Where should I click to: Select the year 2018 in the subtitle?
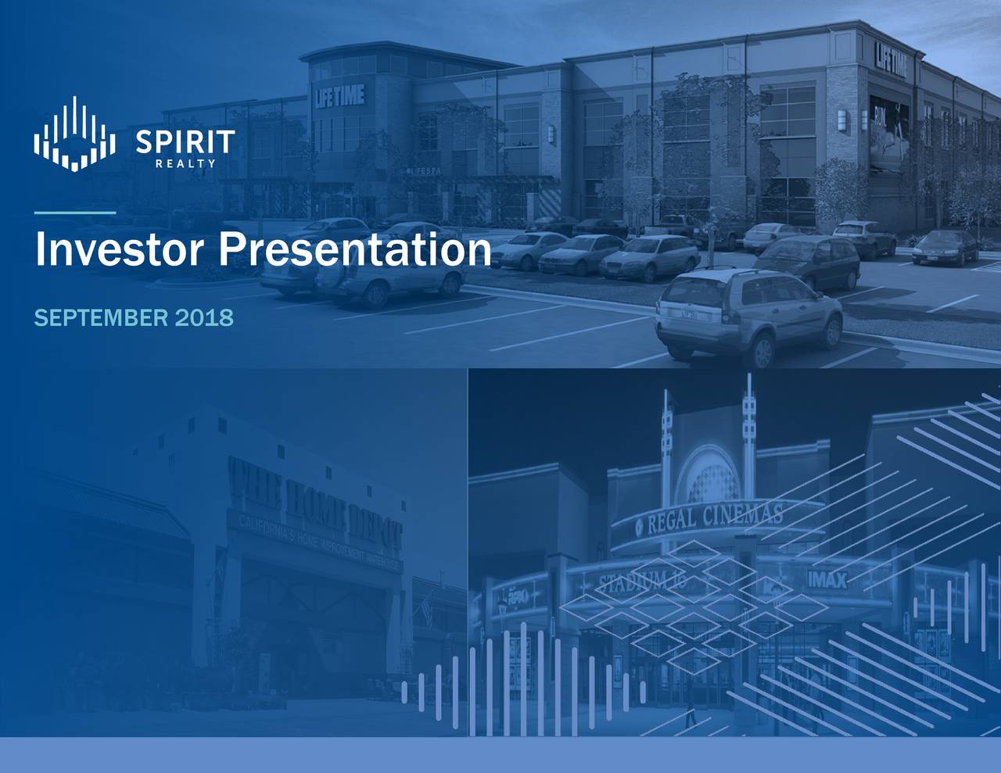tap(204, 318)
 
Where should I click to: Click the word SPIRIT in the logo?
tap(185, 142)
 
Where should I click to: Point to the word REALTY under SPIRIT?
tap(185, 163)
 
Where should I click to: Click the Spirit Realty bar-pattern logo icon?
tap(74, 135)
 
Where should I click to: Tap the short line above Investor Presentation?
tap(75, 212)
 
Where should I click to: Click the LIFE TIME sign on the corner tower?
tap(339, 96)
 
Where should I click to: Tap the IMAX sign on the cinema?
tap(826, 580)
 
